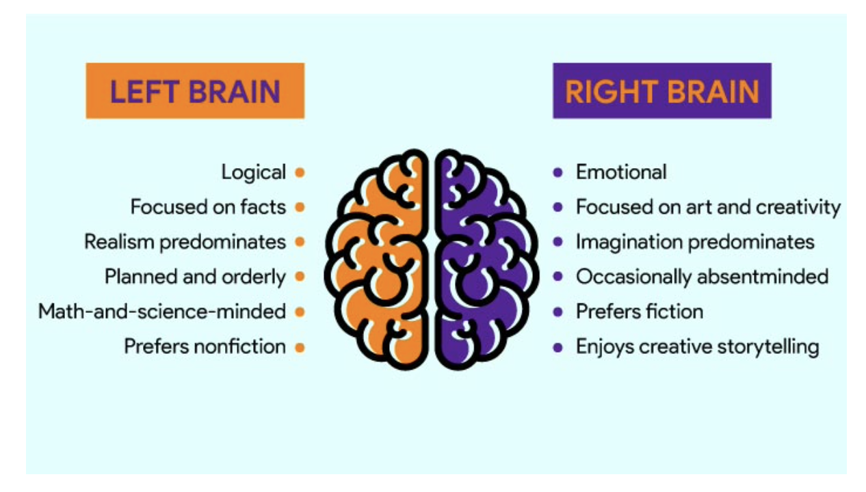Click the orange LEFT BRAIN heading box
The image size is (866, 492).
coord(195,91)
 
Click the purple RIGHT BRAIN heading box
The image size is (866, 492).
coord(662,91)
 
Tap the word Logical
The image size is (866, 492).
coord(254,172)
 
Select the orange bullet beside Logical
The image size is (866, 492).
coord(300,172)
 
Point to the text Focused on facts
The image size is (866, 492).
coord(209,207)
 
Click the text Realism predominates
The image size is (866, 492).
coord(185,243)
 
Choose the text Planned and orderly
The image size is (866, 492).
coord(195,277)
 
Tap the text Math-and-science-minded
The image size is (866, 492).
coord(162,312)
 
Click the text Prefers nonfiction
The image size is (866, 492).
coord(205,346)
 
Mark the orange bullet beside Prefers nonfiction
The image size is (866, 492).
coord(300,348)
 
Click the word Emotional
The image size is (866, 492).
coord(621,172)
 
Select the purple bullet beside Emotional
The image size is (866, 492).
coord(557,172)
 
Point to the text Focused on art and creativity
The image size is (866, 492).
coord(708,208)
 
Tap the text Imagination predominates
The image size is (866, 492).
coord(695,243)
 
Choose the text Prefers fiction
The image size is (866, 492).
coord(640,312)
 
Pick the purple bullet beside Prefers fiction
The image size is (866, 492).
coord(557,312)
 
